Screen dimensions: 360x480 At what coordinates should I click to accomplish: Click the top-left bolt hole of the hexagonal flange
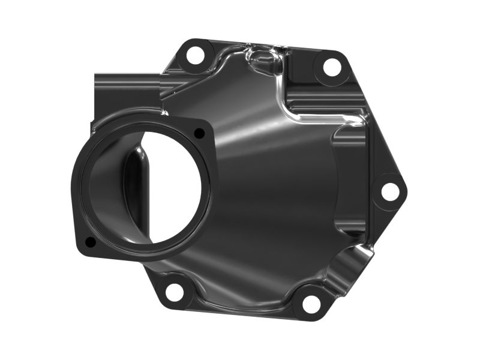tap(194, 55)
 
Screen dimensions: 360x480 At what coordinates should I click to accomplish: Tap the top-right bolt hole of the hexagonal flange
tap(332, 67)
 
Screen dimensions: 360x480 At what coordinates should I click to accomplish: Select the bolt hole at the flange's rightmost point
tap(389, 192)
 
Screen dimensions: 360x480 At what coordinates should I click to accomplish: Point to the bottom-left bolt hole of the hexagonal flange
tap(174, 292)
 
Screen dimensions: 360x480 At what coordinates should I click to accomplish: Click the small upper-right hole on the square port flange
tap(199, 133)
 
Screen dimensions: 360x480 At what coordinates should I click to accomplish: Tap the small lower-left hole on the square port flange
tap(90, 242)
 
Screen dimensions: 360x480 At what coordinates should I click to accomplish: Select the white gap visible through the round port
tap(174, 180)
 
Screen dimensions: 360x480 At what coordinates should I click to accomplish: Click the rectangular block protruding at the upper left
tap(123, 99)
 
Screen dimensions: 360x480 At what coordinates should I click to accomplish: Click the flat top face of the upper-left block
tap(126, 79)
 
